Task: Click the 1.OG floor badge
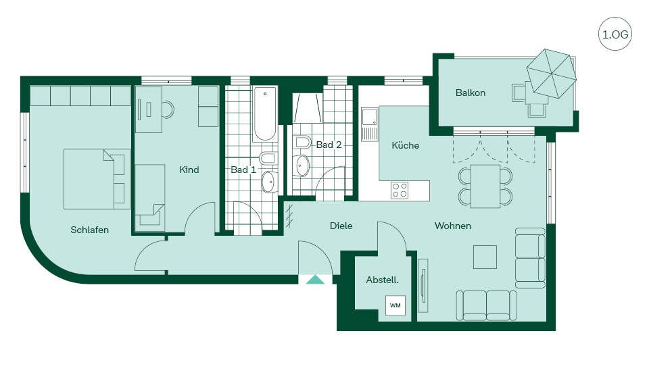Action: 615,34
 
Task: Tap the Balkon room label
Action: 471,93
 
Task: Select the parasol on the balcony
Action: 552,74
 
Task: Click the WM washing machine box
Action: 395,305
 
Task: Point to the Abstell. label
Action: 383,280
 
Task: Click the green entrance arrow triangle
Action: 316,280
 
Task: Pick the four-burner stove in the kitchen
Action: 400,191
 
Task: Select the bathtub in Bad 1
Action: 265,113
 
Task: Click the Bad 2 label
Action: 329,145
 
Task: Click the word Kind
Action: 189,170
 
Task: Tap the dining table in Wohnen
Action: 485,186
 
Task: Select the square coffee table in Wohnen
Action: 485,257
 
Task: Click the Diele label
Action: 341,226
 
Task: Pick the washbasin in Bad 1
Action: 269,182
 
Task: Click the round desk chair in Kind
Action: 168,109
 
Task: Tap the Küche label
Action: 405,146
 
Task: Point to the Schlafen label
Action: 89,230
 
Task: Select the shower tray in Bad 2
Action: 307,108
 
